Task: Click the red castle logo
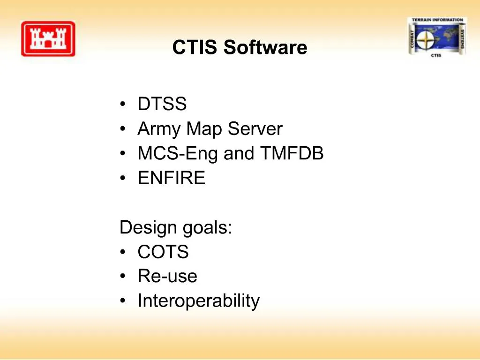point(48,39)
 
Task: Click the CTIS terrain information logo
point(437,37)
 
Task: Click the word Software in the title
point(265,48)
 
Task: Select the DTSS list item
point(162,104)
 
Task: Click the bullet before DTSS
point(123,104)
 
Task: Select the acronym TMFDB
point(291,153)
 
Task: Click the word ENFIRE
point(172,179)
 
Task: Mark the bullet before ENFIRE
point(123,179)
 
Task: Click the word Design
point(142,228)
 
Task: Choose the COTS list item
point(163,253)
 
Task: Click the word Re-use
point(167,276)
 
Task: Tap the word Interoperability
point(198,301)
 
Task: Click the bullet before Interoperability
point(123,301)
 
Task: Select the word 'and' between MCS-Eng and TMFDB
point(238,153)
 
